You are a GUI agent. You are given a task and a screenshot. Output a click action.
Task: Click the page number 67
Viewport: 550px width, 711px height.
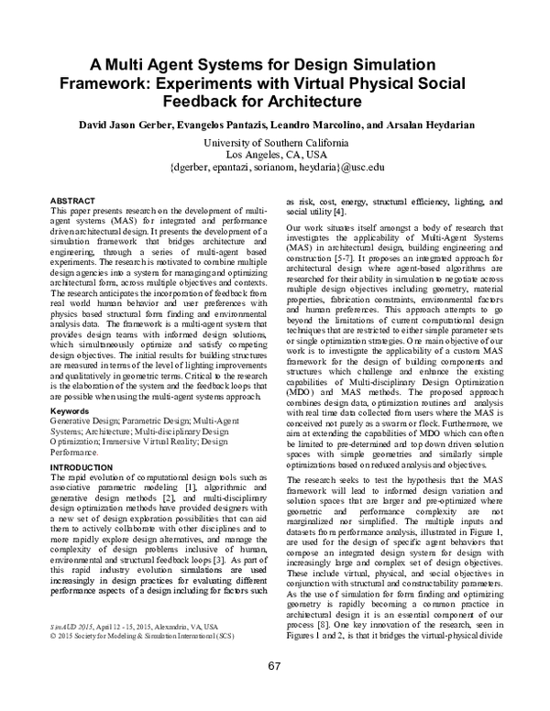click(x=275, y=690)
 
